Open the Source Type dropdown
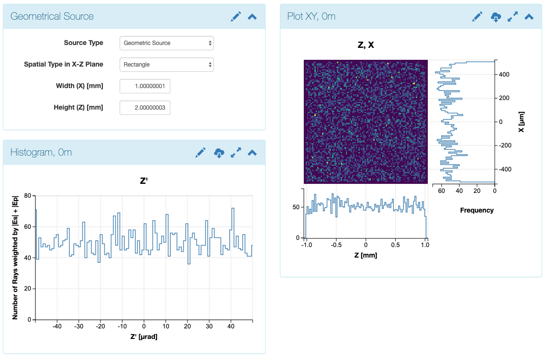pos(166,43)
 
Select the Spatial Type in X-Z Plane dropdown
pos(166,65)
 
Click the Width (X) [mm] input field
pos(145,86)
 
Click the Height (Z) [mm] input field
pos(145,108)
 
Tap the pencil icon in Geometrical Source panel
pos(236,16)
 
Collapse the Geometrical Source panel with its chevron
pos(252,16)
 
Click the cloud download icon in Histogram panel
pos(219,153)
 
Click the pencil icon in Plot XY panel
pos(477,16)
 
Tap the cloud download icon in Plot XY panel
pos(496,17)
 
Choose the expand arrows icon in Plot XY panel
pos(512,16)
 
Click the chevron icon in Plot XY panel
pos(529,16)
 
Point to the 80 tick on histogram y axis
pos(27,196)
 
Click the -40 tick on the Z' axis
pos(57,326)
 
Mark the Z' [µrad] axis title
pos(144,337)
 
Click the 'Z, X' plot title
pos(366,45)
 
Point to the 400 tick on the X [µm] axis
pos(505,75)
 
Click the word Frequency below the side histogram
pos(477,210)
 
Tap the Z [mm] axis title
pos(366,255)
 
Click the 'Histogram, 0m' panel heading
pos(41,152)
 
